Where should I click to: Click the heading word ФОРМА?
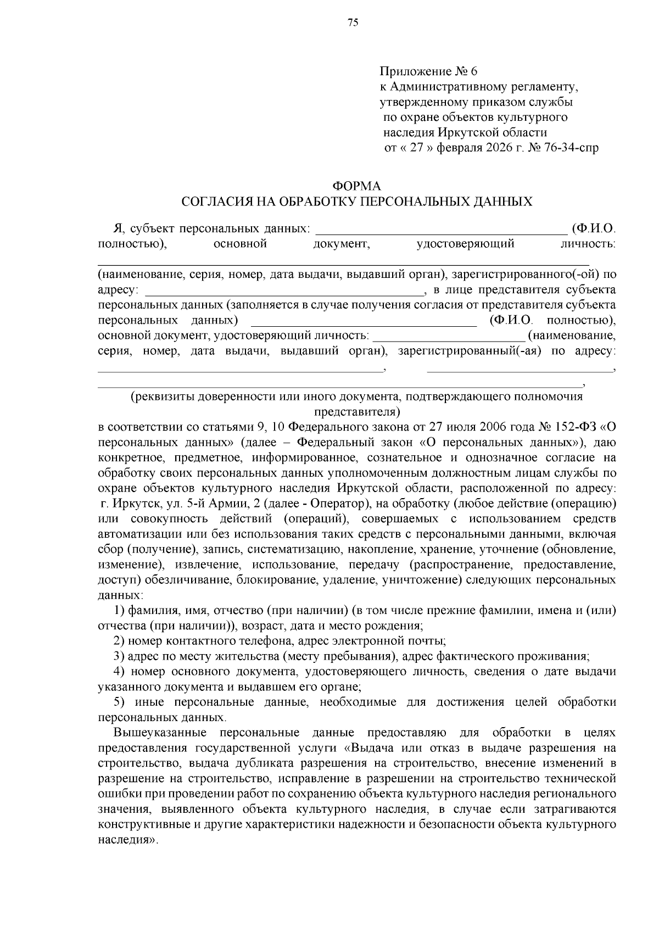click(x=357, y=187)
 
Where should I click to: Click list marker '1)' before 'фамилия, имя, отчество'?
click(x=120, y=610)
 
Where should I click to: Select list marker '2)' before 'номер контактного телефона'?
click(x=120, y=641)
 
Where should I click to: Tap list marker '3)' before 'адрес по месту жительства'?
click(x=120, y=656)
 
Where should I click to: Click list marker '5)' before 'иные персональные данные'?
click(x=120, y=702)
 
